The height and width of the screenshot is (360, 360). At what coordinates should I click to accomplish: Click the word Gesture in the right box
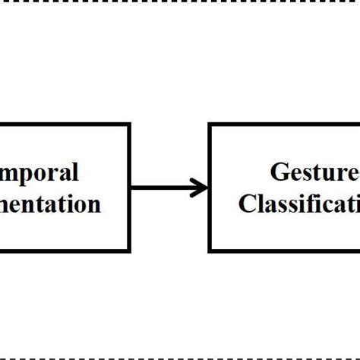(x=314, y=173)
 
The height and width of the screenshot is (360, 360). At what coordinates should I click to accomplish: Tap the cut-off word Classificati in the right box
(x=299, y=204)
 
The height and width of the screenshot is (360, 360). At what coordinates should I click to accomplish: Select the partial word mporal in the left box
(x=39, y=173)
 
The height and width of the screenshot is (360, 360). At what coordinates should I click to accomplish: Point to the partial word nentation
(x=50, y=204)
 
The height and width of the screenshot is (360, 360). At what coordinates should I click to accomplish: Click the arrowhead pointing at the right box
(x=201, y=188)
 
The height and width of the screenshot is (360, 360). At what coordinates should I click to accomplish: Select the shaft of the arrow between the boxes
(x=163, y=188)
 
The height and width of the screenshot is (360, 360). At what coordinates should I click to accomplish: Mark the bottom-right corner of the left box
(x=129, y=250)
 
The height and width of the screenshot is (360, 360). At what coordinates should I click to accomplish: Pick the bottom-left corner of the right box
(x=210, y=250)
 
